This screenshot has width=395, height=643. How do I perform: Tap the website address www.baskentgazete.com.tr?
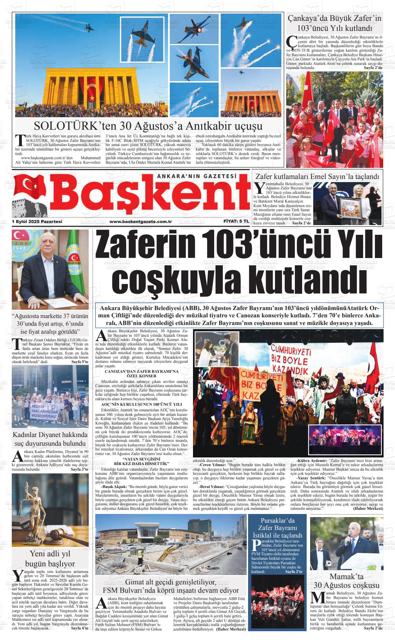coord(141,221)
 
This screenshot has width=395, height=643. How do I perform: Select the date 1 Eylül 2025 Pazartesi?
coord(37,221)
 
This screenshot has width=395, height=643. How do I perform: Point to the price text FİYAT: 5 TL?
coord(236,221)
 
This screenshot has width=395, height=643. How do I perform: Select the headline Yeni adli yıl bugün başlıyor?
coord(50,558)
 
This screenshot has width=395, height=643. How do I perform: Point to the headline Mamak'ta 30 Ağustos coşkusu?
coord(346,581)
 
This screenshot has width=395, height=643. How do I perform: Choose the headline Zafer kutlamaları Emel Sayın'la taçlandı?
coord(317,177)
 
